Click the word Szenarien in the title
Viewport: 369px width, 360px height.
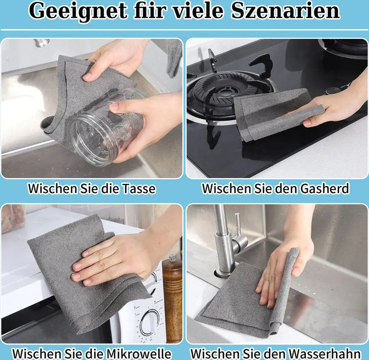[285, 11]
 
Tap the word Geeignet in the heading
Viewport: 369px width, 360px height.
[78, 11]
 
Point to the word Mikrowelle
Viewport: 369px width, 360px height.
[138, 353]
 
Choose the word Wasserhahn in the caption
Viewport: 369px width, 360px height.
[324, 353]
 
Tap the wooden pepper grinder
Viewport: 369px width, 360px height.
[172, 297]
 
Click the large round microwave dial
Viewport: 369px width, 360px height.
[150, 322]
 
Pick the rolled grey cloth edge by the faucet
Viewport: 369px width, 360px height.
[283, 291]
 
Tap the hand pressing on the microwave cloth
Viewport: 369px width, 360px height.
[118, 257]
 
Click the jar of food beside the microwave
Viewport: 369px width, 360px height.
[13, 218]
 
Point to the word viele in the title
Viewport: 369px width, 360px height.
[198, 11]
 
